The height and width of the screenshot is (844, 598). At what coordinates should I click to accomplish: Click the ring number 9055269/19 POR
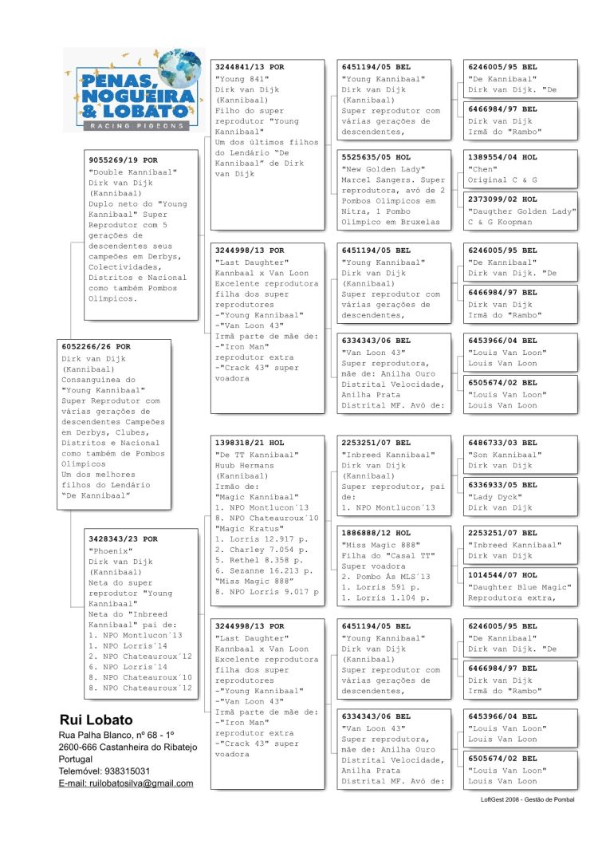pos(123,160)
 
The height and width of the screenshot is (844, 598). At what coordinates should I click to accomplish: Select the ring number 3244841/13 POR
pos(250,67)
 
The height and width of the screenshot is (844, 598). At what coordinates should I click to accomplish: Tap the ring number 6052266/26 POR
pos(96,347)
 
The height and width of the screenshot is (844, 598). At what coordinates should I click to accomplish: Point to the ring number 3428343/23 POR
pos(123,539)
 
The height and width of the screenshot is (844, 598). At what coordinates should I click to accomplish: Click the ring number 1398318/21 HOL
pos(250,442)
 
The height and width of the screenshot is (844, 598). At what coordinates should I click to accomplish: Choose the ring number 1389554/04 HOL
pos(502,157)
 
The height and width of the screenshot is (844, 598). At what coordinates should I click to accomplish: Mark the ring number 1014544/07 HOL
pos(502,574)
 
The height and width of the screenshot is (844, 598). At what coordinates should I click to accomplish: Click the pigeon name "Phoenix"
pos(109,550)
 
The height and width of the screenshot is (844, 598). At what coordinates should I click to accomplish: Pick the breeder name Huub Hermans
pos(246,466)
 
